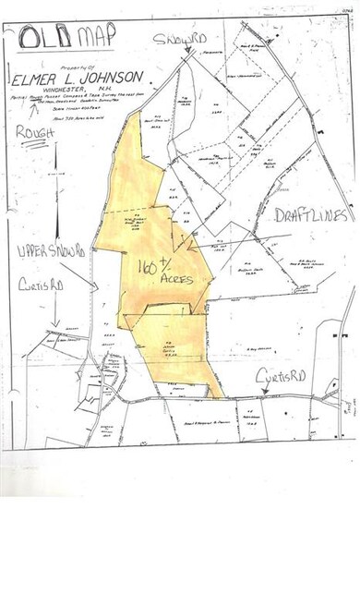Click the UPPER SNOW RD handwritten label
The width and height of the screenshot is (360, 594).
[x=46, y=251]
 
